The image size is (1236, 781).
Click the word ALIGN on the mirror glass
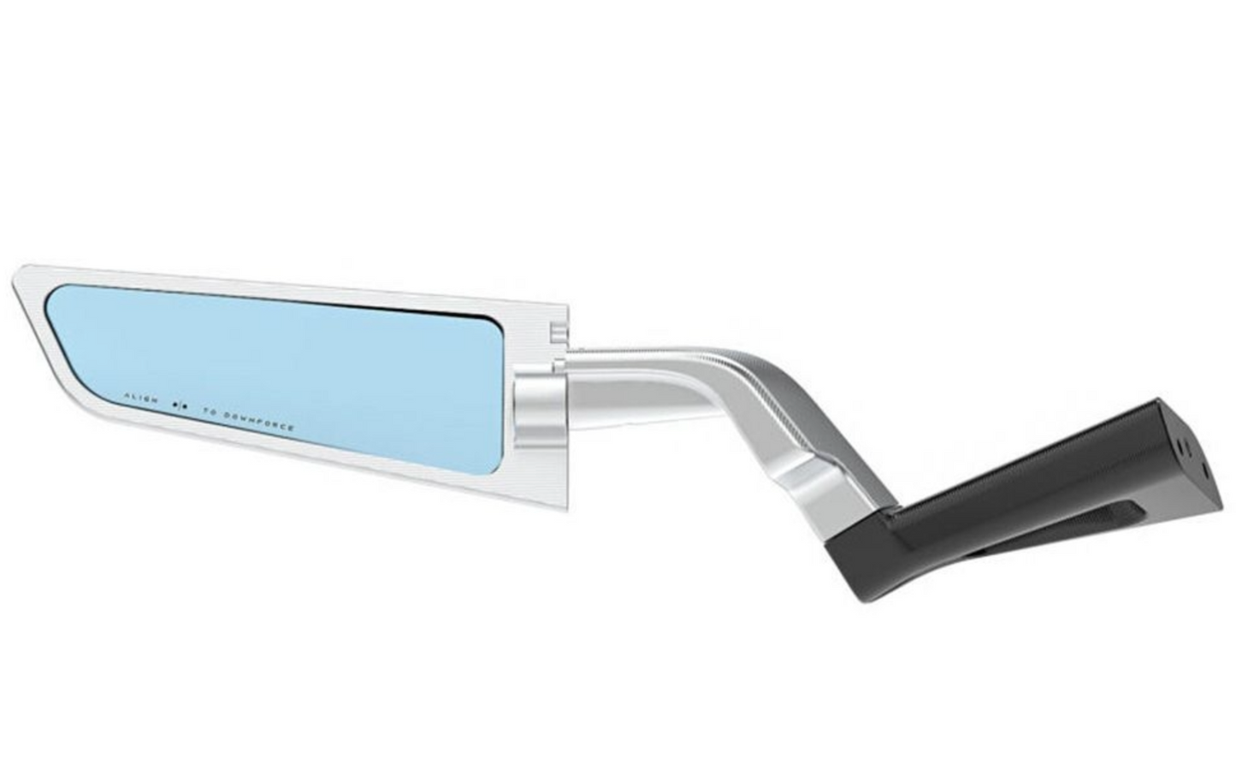pyautogui.click(x=142, y=396)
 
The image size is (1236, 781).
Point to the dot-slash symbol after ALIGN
pyautogui.click(x=180, y=403)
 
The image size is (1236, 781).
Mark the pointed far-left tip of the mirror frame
pyautogui.click(x=15, y=276)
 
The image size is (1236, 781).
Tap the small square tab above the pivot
pyautogui.click(x=559, y=331)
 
